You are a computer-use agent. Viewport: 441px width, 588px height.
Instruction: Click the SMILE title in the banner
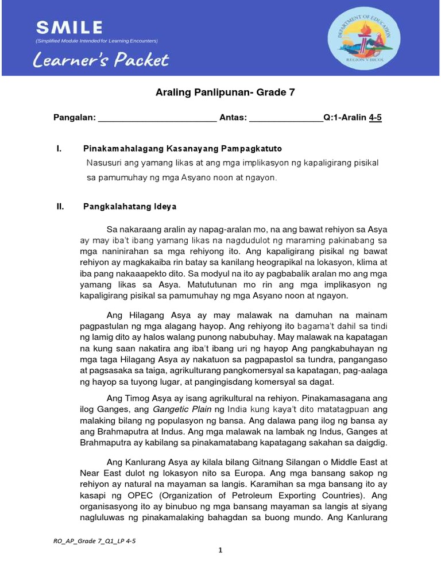click(69, 27)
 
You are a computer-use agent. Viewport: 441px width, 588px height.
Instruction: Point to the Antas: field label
click(233, 118)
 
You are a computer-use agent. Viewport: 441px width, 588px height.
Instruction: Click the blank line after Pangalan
click(157, 119)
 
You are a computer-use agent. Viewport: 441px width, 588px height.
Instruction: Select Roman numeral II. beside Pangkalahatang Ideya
click(59, 206)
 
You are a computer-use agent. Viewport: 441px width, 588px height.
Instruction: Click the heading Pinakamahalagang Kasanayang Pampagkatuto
click(183, 149)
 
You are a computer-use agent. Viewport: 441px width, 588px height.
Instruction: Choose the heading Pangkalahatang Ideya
click(130, 206)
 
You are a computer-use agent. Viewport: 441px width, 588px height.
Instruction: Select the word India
click(239, 409)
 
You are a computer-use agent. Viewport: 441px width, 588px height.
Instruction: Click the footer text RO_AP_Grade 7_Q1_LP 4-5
click(94, 541)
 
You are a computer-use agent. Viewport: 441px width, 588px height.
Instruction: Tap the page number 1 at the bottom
click(220, 550)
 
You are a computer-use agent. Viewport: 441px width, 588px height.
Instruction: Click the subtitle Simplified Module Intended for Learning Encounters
click(96, 41)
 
